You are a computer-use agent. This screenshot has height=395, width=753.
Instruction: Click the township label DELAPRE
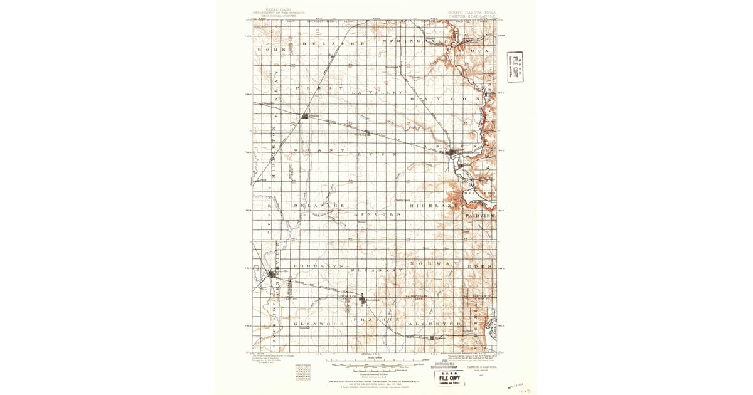point(333,44)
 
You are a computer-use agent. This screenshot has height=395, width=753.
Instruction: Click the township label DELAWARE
point(323,205)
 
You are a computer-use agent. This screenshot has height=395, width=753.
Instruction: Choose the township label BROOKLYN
point(321,266)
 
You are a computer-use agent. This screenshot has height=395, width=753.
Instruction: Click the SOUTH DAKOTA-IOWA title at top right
point(471,12)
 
